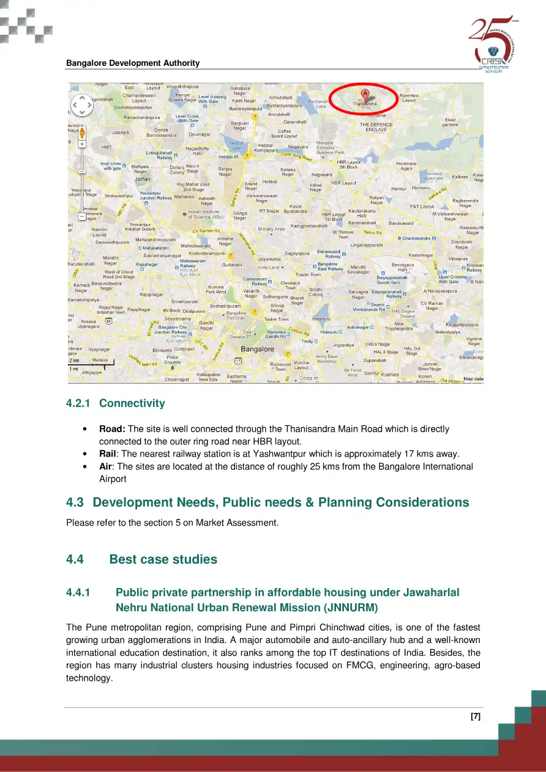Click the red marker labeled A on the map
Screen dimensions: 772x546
point(365,95)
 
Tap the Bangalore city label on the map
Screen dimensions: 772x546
point(257,349)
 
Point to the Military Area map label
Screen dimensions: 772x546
point(271,229)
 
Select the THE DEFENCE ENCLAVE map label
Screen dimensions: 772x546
point(376,127)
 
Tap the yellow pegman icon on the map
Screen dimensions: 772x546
point(82,134)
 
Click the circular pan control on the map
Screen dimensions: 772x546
point(82,106)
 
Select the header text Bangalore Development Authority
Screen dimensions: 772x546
point(133,63)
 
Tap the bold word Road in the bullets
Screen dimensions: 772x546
point(112,429)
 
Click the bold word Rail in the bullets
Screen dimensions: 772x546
point(108,454)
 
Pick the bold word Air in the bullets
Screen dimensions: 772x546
point(106,466)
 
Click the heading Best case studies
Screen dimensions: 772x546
point(163,559)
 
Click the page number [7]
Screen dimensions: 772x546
point(475,717)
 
